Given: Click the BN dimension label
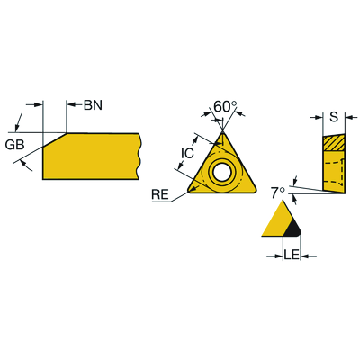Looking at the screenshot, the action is tap(93, 105).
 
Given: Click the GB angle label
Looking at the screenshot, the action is tap(14, 145).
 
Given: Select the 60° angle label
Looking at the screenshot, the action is tap(225, 106).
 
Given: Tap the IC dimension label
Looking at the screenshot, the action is tap(187, 153).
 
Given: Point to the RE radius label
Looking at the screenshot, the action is tap(160, 195).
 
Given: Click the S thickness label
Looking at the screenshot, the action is tap(334, 117).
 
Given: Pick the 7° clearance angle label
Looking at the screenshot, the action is tap(278, 193).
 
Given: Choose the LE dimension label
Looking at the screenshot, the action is tap(292, 256).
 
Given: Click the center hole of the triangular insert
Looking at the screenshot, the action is tap(222, 172).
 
